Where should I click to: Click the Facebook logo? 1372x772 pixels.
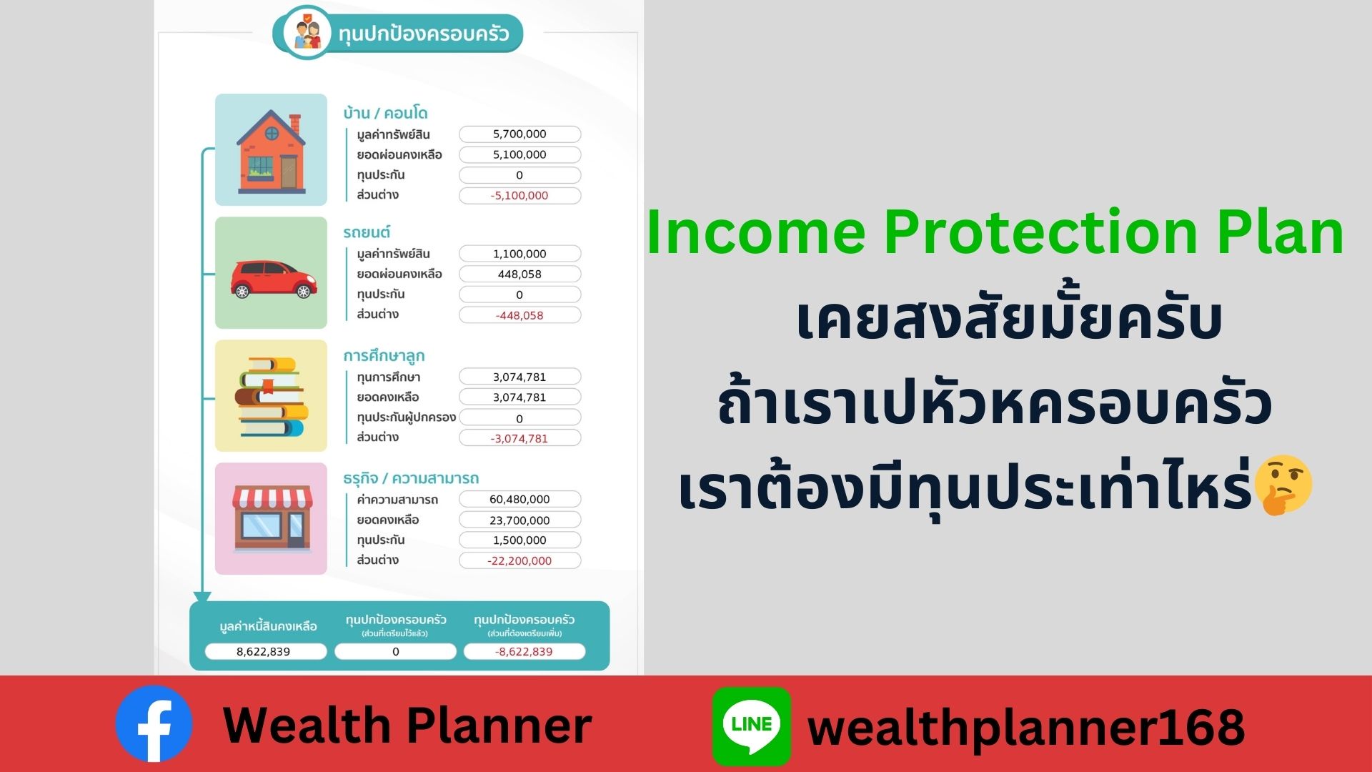[x=154, y=723]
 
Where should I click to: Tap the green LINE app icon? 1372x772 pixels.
[x=752, y=726]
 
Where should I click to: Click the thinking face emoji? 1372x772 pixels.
[x=1283, y=485]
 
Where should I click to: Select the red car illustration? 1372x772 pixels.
[x=274, y=279]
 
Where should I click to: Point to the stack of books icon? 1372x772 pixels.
[x=272, y=397]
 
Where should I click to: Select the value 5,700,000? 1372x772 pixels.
[x=520, y=134]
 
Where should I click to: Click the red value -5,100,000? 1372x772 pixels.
[x=520, y=195]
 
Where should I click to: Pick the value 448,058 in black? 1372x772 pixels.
[x=520, y=274]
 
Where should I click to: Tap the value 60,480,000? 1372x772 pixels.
[x=520, y=499]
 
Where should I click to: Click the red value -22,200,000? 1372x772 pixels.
[x=520, y=560]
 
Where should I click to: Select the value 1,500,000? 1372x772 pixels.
[x=520, y=540]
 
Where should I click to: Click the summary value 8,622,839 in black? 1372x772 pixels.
[x=263, y=651]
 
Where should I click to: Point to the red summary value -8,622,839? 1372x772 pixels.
[x=524, y=651]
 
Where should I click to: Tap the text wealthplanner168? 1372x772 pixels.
[x=1026, y=728]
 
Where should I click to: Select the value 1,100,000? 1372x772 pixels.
[x=520, y=254]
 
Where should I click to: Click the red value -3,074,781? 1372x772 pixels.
[x=520, y=438]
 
